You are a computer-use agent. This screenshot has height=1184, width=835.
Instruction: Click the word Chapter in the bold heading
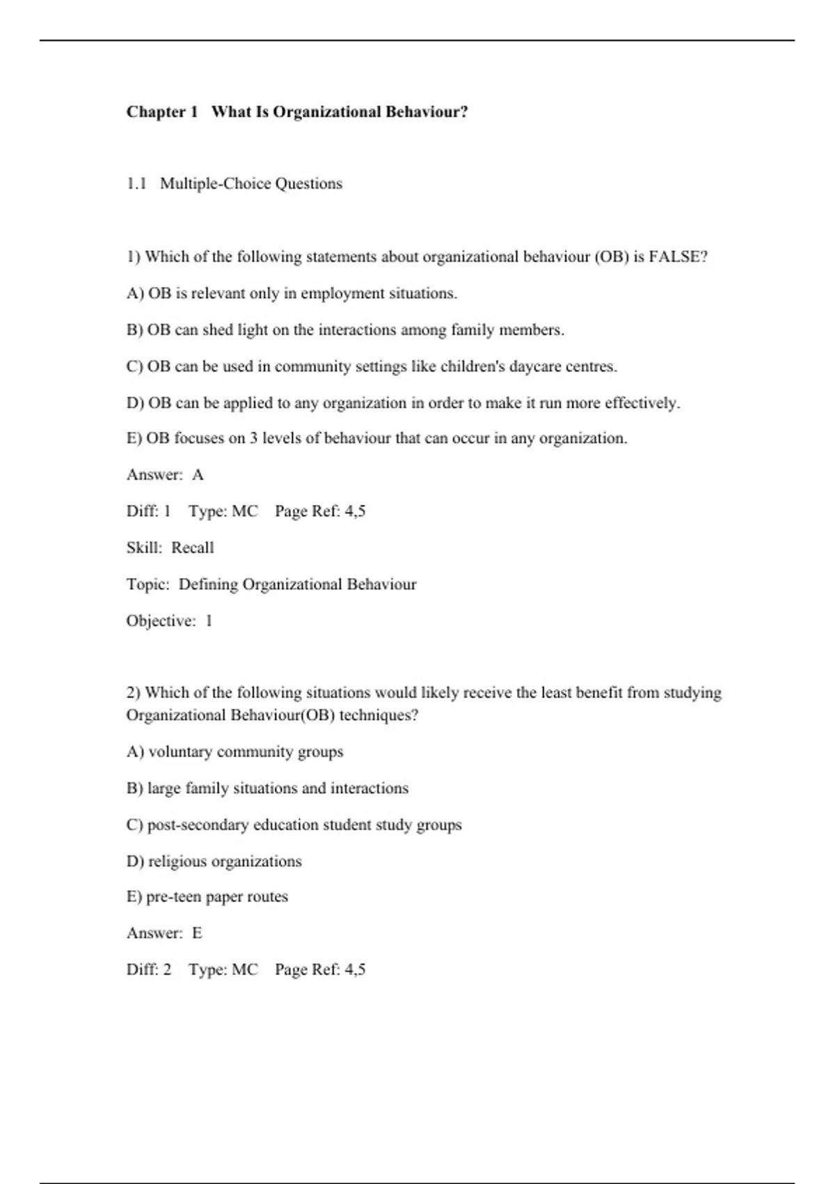coord(156,112)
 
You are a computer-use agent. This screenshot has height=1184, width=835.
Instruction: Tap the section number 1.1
coord(136,184)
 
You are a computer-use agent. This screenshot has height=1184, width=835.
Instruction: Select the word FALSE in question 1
coord(678,257)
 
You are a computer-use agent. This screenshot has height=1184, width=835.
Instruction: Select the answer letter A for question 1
coord(198,475)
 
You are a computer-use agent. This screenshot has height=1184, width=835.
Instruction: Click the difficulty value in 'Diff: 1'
coord(167,511)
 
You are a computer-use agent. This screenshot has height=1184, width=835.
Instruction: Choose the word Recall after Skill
coord(192,548)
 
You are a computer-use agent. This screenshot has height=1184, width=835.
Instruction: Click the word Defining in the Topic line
coord(208,584)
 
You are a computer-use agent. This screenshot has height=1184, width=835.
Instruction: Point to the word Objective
coord(161,621)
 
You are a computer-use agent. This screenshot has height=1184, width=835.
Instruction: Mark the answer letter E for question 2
coord(197,933)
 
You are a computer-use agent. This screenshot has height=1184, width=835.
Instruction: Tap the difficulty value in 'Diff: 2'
coord(167,969)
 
